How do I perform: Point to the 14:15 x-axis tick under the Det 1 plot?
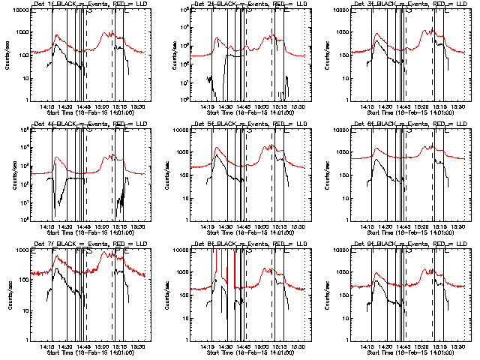click(x=47, y=105)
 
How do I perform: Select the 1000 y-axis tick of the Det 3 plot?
click(x=340, y=32)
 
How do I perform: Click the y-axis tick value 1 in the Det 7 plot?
click(x=26, y=340)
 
